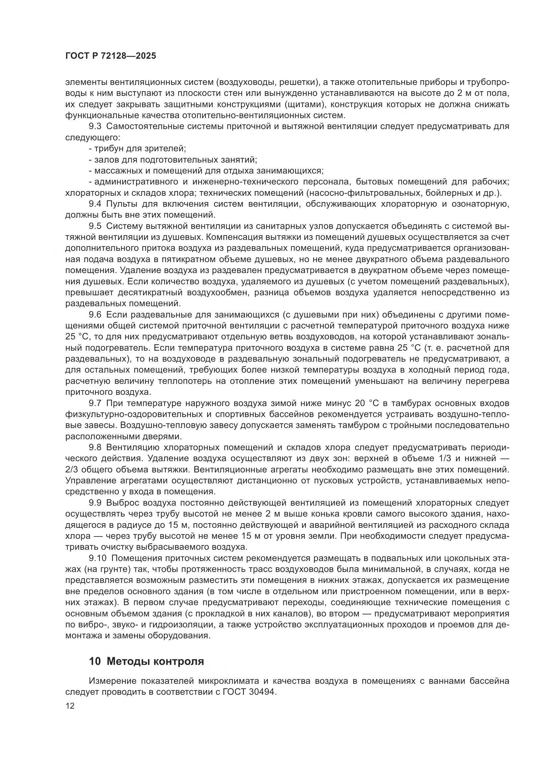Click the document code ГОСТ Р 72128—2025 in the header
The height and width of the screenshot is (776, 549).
(x=111, y=56)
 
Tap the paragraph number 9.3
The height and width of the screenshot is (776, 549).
(x=95, y=127)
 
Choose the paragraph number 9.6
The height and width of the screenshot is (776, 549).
(x=95, y=315)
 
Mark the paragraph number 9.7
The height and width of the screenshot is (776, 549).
(x=95, y=403)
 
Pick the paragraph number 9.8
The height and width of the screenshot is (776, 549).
(x=95, y=448)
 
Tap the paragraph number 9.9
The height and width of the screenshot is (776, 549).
(x=95, y=503)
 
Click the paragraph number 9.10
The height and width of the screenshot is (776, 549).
(x=97, y=558)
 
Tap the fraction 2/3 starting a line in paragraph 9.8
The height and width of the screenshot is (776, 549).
(x=73, y=470)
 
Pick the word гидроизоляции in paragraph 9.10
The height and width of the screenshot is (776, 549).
(x=178, y=625)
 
